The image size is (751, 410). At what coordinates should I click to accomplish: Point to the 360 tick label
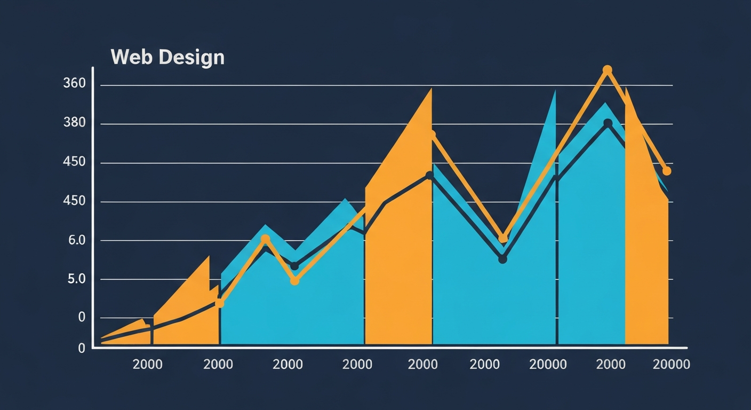click(74, 84)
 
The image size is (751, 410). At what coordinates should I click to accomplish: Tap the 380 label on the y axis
click(74, 123)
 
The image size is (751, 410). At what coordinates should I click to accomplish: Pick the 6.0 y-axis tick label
click(76, 240)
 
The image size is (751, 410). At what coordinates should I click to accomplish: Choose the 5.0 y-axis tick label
click(76, 279)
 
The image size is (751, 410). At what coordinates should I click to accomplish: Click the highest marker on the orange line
click(607, 70)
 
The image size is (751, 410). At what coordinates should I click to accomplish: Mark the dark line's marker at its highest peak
click(608, 123)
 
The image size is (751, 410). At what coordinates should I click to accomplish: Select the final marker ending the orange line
click(666, 171)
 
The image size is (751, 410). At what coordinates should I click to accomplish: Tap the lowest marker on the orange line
click(219, 303)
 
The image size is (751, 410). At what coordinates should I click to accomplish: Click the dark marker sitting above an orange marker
click(294, 266)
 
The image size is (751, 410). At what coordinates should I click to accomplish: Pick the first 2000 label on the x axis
click(147, 365)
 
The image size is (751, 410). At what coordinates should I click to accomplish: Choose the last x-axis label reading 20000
click(671, 365)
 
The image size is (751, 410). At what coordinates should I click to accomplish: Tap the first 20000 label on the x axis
click(548, 365)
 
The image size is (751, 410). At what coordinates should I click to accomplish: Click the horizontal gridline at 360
click(373, 85)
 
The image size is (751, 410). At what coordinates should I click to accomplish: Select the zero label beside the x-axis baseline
click(82, 348)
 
